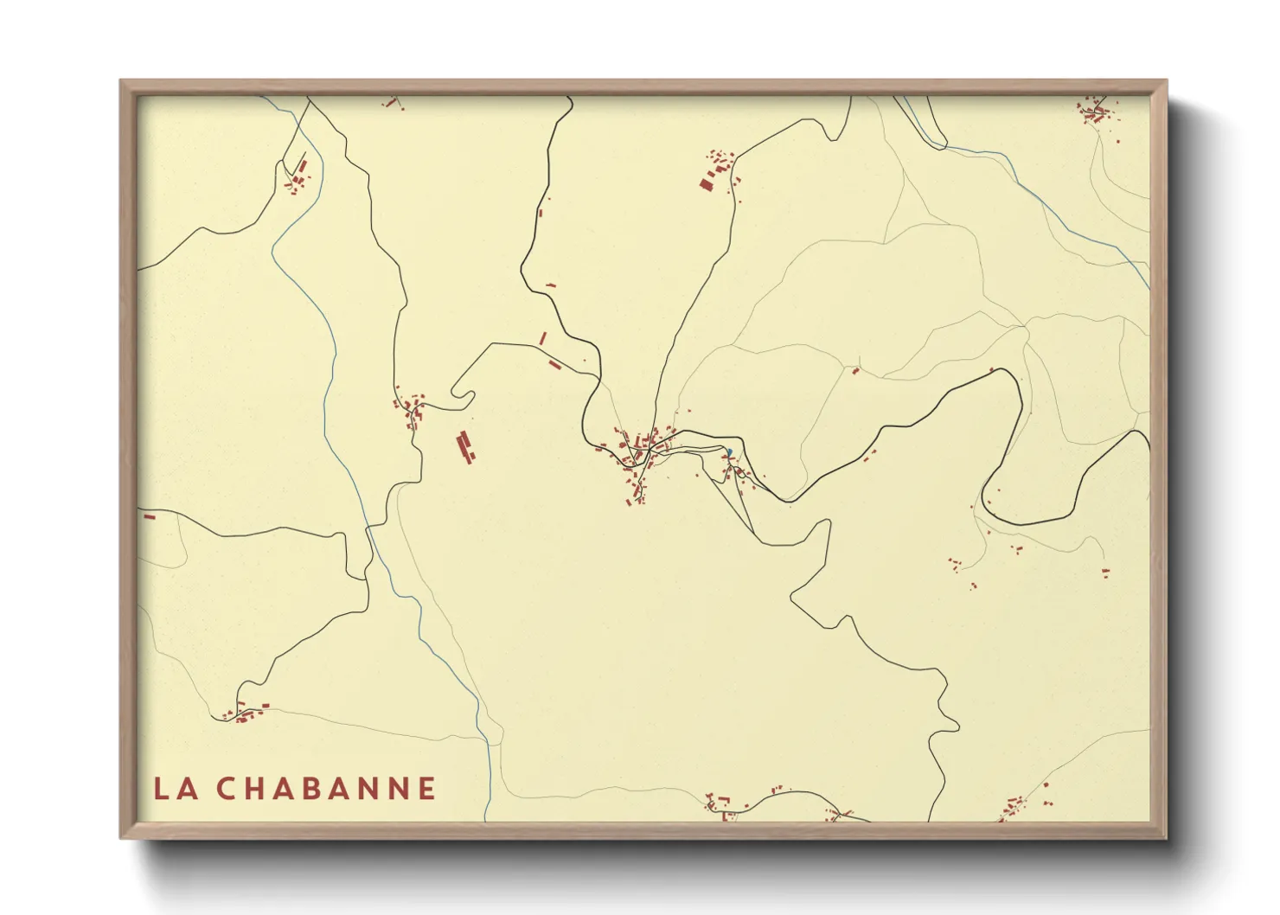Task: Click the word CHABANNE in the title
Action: [x=325, y=789]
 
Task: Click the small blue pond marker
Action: [x=729, y=451]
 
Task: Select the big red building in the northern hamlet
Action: [x=707, y=182]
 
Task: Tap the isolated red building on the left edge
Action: [x=149, y=516]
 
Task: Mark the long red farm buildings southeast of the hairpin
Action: [x=465, y=448]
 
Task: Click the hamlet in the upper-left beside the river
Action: [x=299, y=176]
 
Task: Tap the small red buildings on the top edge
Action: [x=393, y=103]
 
